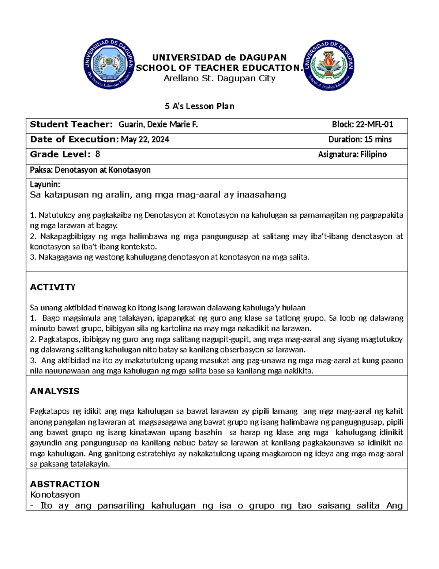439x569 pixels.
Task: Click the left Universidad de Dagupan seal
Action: click(109, 64)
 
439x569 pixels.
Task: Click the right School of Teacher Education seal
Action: click(329, 65)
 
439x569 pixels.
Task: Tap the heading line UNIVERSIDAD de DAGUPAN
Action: click(219, 58)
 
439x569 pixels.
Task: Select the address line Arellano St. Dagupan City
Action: click(219, 78)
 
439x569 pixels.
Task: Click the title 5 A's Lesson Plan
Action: click(199, 106)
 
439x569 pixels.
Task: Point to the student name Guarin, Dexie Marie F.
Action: click(158, 125)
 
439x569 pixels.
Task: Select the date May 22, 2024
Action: click(145, 140)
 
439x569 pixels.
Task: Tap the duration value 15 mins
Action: click(378, 140)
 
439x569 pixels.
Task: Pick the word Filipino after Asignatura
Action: click(373, 155)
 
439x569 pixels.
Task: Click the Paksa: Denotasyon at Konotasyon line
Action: click(90, 170)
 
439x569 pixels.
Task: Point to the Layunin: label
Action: click(45, 184)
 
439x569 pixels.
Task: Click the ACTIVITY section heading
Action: click(53, 287)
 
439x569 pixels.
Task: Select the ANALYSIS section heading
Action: click(55, 391)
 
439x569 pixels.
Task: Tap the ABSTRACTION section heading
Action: click(65, 484)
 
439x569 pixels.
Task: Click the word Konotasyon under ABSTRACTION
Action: click(55, 495)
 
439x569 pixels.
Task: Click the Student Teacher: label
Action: click(71, 125)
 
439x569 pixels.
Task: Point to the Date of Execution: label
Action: click(74, 140)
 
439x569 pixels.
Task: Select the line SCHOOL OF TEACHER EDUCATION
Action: click(219, 68)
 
